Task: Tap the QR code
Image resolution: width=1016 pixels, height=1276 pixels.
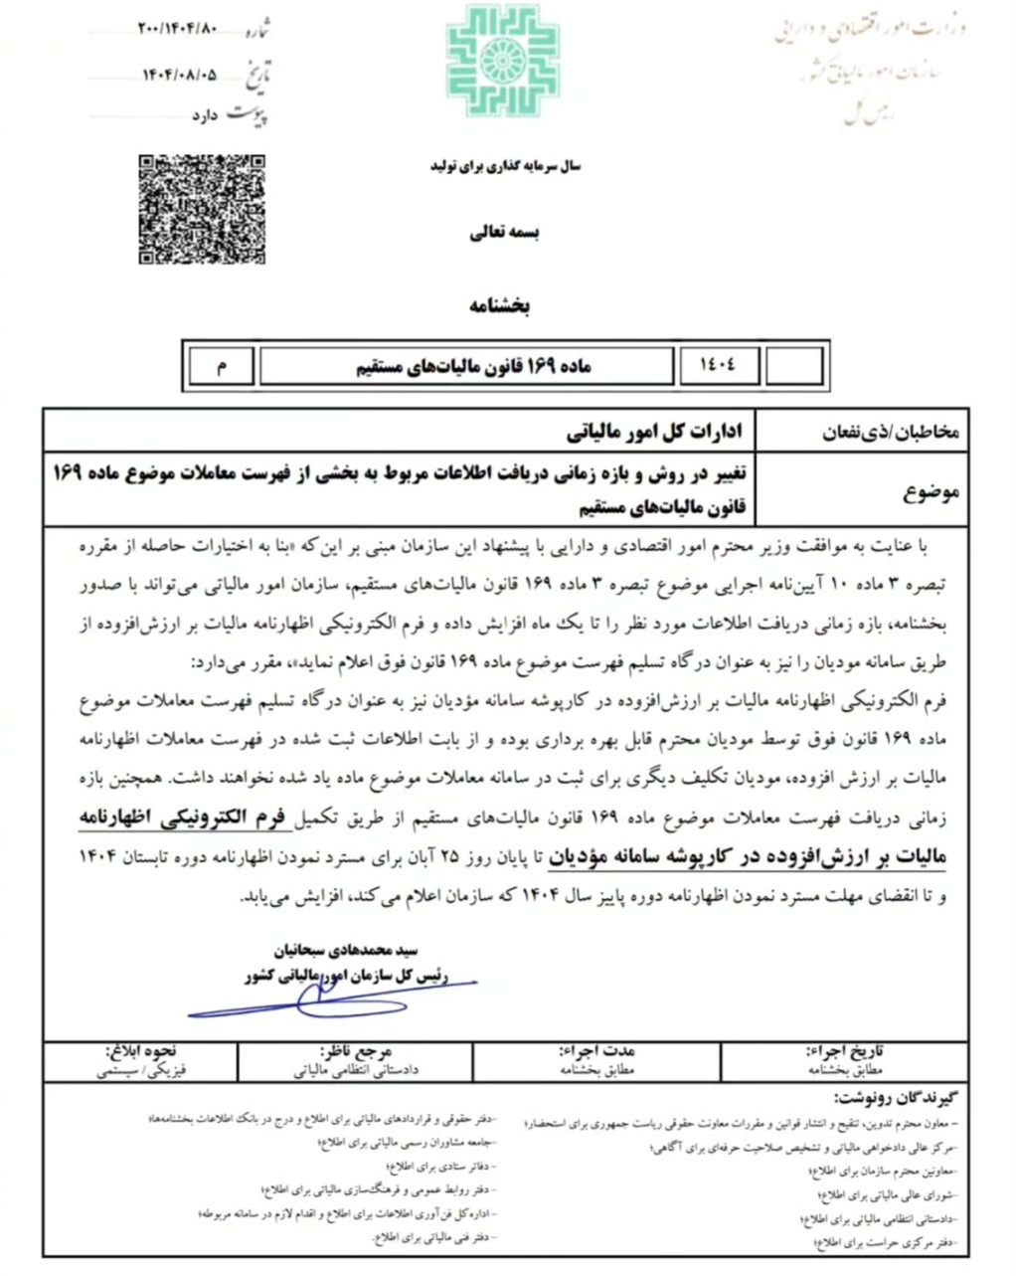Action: [x=201, y=209]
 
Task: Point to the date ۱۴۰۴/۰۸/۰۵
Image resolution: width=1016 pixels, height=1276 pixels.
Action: [x=179, y=74]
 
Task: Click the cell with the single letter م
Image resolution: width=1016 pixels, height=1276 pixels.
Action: [x=221, y=367]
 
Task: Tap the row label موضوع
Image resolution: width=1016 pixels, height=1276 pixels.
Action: [x=931, y=491]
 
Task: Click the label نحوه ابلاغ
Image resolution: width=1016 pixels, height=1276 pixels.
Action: [x=141, y=1050]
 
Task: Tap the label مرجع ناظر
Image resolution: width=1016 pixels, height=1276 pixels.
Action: [x=357, y=1050]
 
